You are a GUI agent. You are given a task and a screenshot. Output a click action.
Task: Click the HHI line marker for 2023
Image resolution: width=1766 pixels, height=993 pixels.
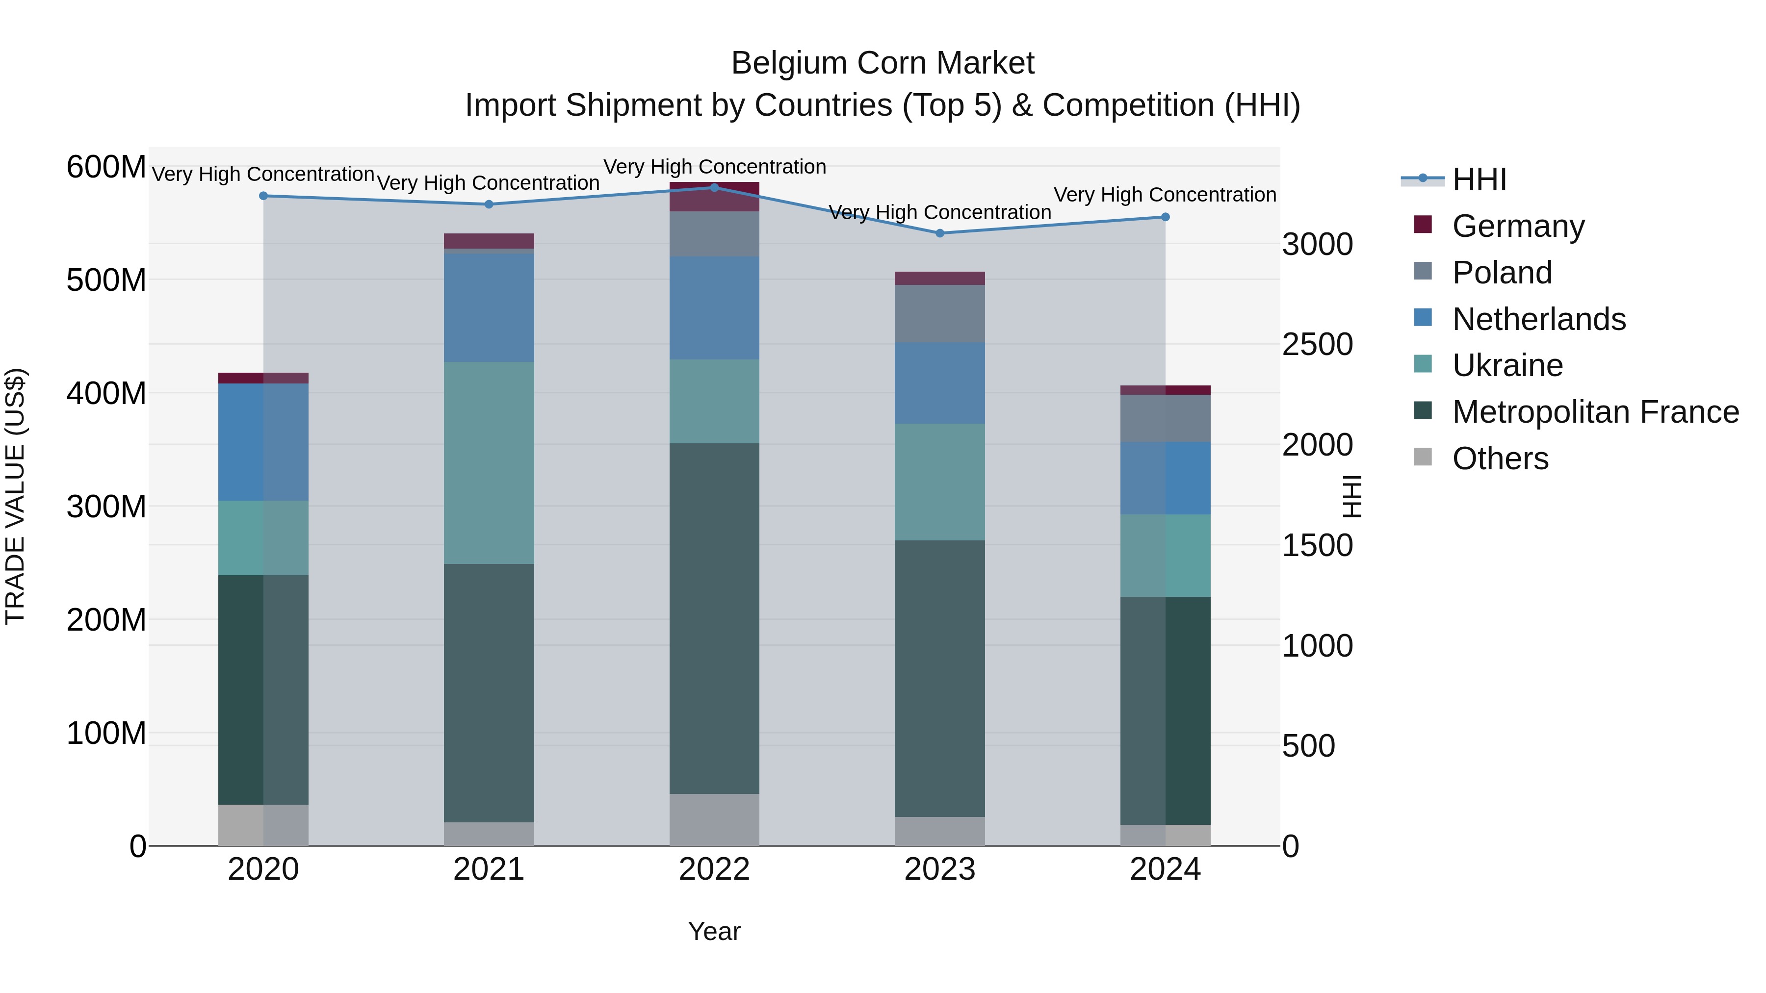point(940,233)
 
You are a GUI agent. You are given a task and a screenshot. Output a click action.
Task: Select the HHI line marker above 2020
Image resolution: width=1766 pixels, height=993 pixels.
point(263,196)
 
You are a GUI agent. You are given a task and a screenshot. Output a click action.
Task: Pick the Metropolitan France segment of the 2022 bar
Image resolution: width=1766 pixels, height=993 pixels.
point(714,618)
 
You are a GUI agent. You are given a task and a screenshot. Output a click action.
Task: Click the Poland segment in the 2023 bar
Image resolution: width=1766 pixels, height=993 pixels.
point(940,314)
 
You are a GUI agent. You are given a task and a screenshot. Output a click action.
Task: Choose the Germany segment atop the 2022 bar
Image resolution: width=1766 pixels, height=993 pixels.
point(714,197)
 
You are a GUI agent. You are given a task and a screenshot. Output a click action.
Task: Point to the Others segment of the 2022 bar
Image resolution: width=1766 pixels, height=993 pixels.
point(714,819)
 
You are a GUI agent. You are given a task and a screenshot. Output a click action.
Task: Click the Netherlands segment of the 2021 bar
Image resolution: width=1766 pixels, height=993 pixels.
point(489,307)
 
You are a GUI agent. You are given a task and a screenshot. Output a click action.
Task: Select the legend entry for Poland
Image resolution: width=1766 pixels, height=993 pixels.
point(1502,272)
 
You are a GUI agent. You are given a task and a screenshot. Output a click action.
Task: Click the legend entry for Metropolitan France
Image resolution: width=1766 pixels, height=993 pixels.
point(1595,412)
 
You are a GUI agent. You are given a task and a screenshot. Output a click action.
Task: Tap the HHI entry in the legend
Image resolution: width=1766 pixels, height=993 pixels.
point(1479,179)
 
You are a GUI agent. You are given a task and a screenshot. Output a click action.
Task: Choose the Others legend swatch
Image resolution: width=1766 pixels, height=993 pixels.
point(1423,457)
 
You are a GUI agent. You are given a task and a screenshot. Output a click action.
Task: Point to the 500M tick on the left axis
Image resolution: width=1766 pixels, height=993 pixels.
point(106,280)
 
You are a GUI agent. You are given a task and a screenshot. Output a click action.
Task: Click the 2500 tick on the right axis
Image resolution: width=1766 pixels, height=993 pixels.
point(1317,344)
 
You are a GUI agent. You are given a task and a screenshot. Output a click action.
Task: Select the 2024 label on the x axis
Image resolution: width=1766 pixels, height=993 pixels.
point(1165,869)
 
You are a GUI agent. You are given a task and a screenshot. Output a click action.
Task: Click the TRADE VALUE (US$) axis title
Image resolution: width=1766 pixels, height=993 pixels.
point(16,496)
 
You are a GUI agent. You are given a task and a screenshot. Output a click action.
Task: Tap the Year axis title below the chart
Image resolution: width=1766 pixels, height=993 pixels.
point(714,931)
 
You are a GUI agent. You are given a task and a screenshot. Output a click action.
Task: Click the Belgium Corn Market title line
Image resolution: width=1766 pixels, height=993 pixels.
point(883,63)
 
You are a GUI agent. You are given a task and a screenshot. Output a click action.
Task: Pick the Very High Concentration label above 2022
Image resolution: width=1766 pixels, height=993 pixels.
point(714,167)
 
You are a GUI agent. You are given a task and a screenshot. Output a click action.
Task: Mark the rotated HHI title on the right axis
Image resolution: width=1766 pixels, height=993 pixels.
point(1351,496)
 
